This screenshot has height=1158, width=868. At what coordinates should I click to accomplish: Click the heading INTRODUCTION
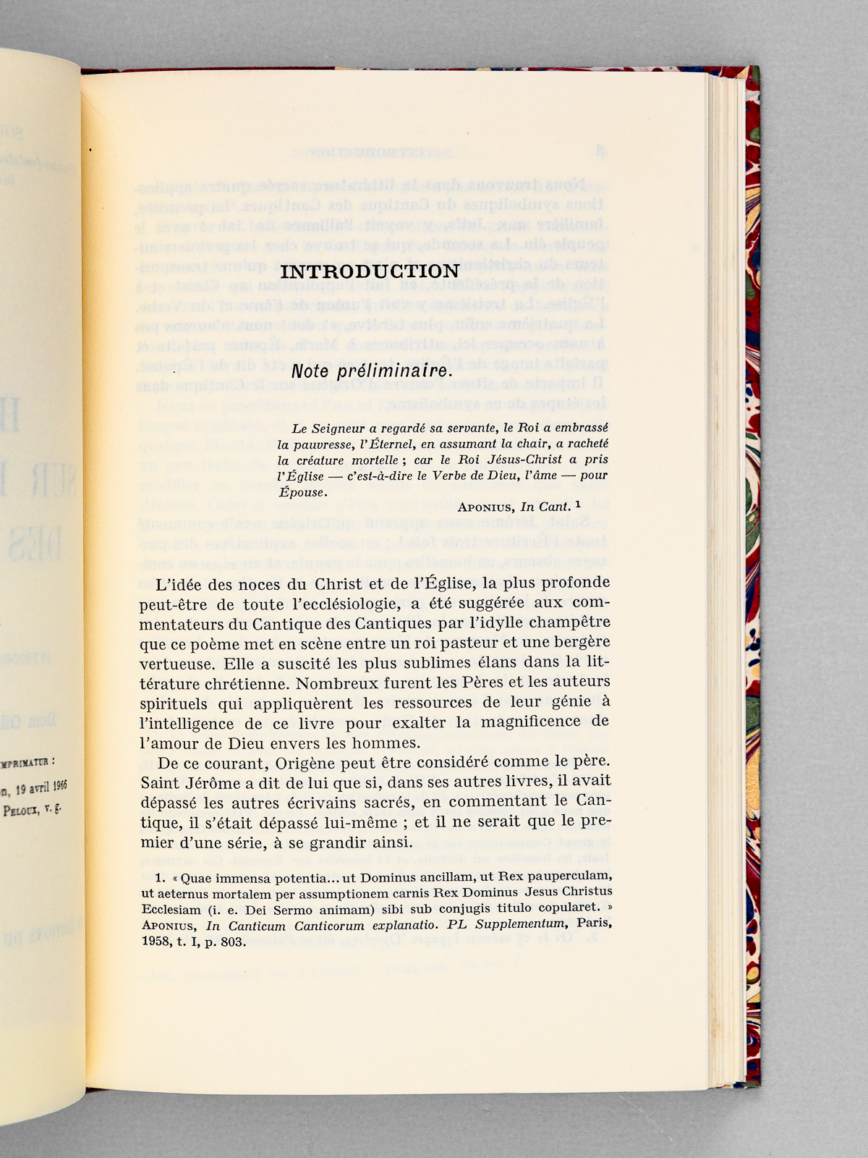click(x=370, y=271)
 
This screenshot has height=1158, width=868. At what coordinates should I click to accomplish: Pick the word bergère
click(x=579, y=643)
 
